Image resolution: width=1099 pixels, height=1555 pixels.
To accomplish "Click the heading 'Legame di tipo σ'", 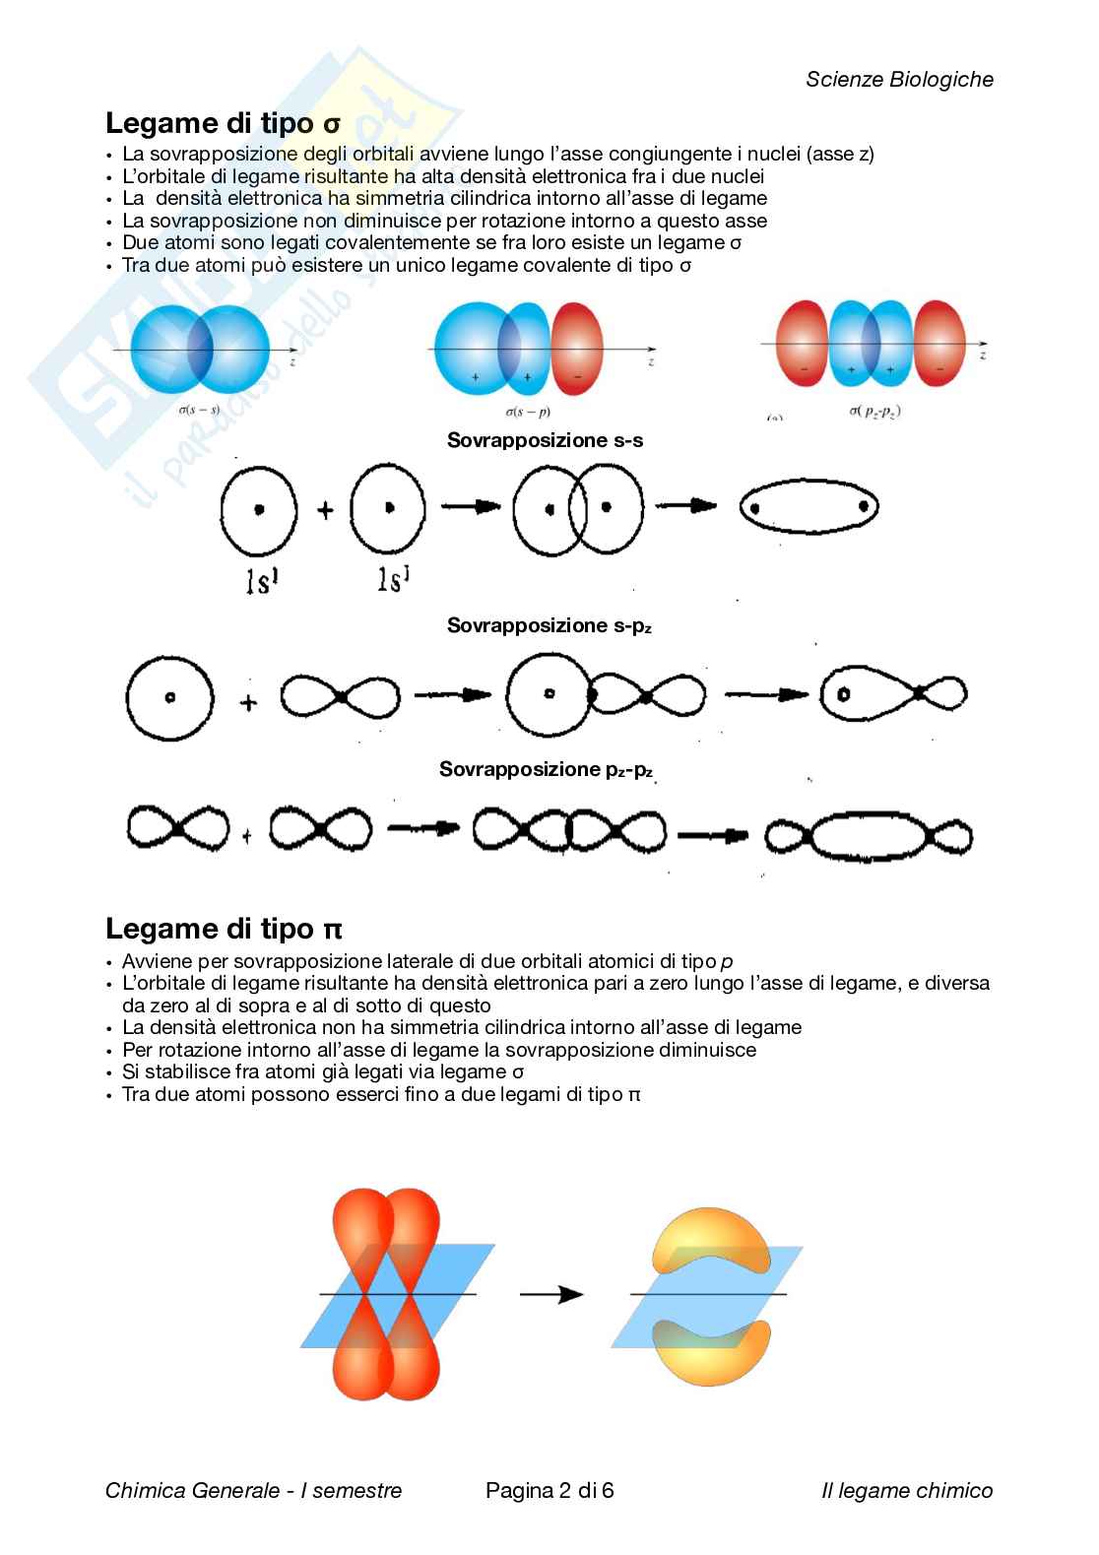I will [223, 123].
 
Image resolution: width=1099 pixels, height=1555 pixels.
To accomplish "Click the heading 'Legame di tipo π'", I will [224, 929].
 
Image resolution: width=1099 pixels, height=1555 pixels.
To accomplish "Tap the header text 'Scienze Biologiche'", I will [899, 80].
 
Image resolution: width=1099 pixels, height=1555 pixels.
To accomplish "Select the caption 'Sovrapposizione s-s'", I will [545, 440].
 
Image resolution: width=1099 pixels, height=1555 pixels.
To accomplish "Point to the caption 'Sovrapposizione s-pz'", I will [549, 625].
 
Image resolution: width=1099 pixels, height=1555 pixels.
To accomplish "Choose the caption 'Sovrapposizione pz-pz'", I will [546, 769].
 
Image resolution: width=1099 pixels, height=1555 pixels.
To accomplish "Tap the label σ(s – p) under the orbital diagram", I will [527, 411].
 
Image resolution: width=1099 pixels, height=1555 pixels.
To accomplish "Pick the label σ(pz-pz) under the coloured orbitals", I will [874, 411].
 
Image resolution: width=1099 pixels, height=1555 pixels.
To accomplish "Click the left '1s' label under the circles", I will [261, 582].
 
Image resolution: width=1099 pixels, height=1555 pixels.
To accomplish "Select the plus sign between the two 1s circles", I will [325, 509].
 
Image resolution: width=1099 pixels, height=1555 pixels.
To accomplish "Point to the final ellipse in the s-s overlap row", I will [808, 508].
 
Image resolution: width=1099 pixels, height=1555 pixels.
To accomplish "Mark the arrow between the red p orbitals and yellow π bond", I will [550, 1293].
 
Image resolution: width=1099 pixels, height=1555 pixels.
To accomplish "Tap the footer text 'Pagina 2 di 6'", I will [549, 1490].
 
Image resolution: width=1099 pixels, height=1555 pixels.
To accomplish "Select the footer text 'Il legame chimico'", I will [906, 1491].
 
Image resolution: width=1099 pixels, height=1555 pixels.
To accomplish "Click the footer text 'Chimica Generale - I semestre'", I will [253, 1491].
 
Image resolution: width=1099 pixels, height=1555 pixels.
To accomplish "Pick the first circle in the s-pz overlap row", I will [169, 697].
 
